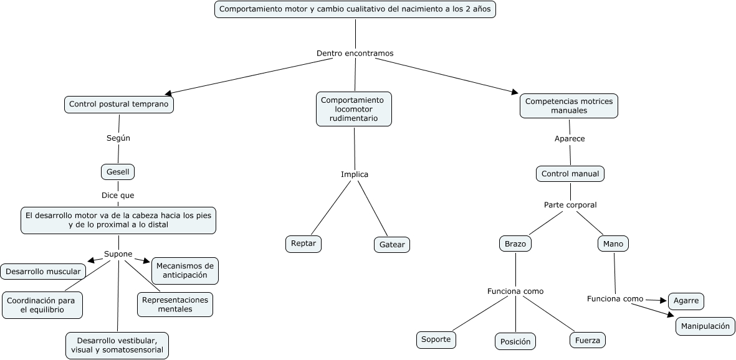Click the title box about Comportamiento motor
(x=355, y=9)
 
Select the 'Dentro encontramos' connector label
(x=355, y=54)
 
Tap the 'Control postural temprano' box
(x=118, y=104)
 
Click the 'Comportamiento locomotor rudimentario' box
(x=353, y=109)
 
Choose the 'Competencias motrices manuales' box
(x=569, y=106)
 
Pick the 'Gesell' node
(x=118, y=171)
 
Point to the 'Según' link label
(x=118, y=138)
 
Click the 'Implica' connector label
(x=355, y=174)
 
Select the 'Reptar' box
(x=303, y=244)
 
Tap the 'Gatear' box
(x=392, y=244)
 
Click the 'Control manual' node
(x=570, y=174)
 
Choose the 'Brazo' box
(x=515, y=244)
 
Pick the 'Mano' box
(x=613, y=244)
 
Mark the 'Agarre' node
(x=686, y=301)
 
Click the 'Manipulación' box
(x=705, y=326)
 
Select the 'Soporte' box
(x=436, y=339)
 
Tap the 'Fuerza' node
(x=587, y=340)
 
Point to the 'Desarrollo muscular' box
(x=43, y=271)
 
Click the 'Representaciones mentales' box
(x=175, y=304)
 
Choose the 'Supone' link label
(x=118, y=254)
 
